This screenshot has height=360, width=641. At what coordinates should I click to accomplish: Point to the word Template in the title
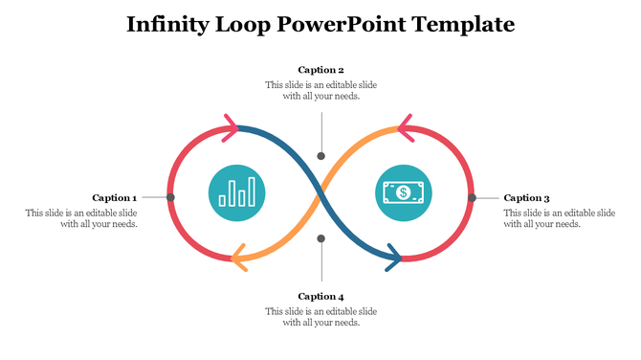pos(463,24)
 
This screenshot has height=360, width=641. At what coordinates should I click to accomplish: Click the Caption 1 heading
pos(114,198)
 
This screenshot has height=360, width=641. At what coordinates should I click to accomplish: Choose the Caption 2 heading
pos(320,70)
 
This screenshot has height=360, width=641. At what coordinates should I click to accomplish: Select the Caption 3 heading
pos(526,198)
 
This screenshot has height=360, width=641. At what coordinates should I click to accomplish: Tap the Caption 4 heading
pos(320,296)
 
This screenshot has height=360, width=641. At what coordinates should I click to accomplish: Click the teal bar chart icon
pos(237,192)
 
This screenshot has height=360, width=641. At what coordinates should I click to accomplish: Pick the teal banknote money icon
pos(403,192)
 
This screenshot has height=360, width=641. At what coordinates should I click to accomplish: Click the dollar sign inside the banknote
pos(403,192)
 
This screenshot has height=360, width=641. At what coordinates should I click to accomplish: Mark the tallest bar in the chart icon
pos(252,191)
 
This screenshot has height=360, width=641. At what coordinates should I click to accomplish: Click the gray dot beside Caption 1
pos(170,197)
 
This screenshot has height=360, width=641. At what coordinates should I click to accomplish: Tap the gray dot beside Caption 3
pos(472,197)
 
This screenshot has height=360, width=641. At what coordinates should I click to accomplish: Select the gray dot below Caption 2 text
pos(321,155)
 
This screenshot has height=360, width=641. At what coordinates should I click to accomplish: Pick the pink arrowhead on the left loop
pos(231,125)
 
